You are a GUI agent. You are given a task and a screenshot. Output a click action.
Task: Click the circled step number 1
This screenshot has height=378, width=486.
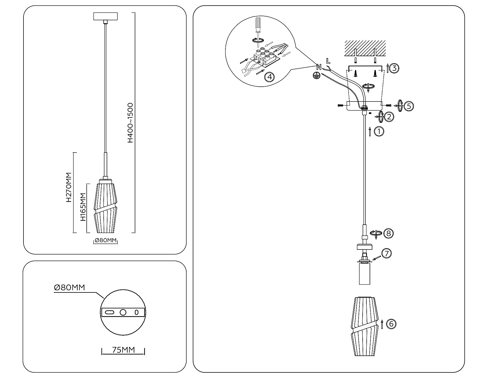[379, 131]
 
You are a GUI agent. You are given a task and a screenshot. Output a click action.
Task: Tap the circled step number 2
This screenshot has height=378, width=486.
[389, 117]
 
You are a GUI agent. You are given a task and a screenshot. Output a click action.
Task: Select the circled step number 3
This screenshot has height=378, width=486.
[394, 68]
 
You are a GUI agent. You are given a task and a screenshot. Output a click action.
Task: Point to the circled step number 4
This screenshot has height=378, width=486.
[269, 77]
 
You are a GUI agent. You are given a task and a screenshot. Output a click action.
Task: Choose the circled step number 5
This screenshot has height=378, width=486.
[409, 106]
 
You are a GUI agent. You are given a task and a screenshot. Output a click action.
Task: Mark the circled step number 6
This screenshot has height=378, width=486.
[391, 324]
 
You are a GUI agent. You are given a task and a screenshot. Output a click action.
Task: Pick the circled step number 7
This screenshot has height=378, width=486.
[386, 254]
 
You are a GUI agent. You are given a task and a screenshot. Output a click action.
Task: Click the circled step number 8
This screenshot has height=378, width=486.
[389, 233]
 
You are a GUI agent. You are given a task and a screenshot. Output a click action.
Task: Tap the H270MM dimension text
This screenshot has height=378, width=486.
[69, 187]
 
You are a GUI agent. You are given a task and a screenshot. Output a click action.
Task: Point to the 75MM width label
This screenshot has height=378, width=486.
[123, 350]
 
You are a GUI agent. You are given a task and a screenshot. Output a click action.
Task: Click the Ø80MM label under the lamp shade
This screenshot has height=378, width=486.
[106, 240]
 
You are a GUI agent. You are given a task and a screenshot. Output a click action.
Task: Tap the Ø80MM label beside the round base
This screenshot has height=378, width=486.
[69, 288]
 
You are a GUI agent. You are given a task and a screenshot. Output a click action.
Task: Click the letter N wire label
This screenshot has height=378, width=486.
[319, 67]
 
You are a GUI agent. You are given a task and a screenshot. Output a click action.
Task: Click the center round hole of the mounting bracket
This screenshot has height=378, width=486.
[123, 312]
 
